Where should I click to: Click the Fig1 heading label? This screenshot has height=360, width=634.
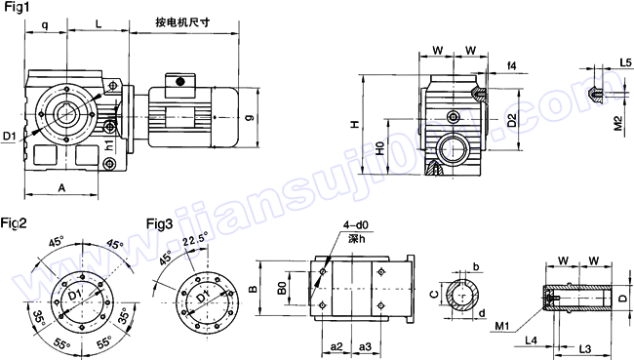pos(17,9)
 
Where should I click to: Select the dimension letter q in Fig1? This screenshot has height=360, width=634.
pos(45,20)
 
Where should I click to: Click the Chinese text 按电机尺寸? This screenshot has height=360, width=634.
pos(183,21)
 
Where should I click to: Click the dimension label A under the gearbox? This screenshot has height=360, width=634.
pos(61,186)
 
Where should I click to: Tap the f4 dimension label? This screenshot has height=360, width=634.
pos(511,66)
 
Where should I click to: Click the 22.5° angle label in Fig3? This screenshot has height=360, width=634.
pos(194,237)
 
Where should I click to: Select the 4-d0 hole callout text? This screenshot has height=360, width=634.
pos(354,223)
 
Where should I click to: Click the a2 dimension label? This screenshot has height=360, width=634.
pos(335,346)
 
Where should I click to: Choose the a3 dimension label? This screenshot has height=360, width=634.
pos(364,346)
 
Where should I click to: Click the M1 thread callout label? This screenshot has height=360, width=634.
pos(503,324)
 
